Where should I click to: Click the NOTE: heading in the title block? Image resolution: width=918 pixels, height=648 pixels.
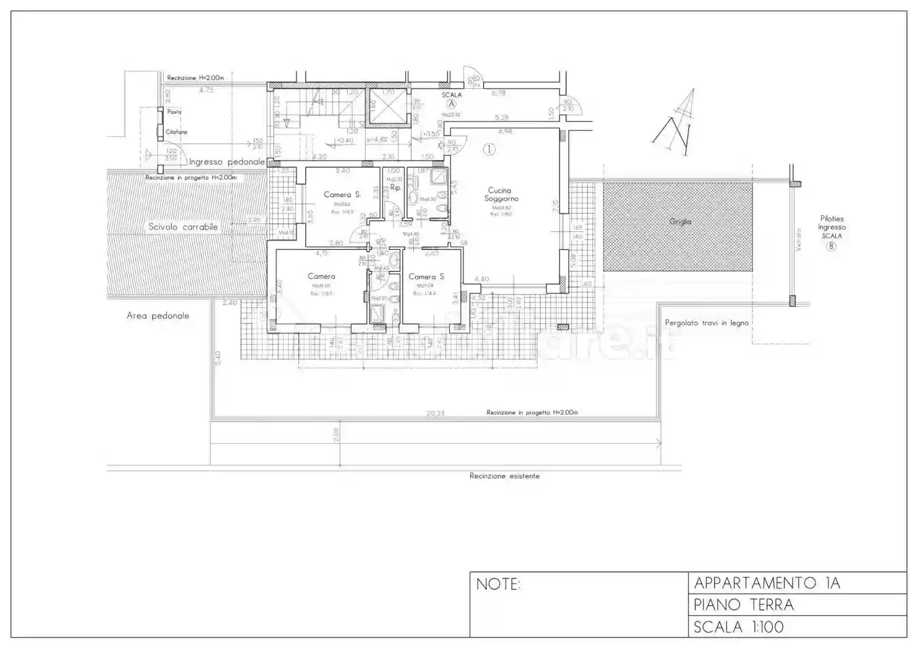498,584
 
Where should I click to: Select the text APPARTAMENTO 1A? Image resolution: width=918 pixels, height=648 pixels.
767,583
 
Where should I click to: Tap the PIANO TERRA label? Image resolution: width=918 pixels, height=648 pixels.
743,605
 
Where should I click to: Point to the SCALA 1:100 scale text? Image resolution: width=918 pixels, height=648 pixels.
738,627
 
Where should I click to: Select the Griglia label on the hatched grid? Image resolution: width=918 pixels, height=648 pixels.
680,222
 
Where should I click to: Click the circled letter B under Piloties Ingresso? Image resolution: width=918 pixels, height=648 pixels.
832,246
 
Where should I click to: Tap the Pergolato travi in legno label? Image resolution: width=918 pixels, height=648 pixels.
706,323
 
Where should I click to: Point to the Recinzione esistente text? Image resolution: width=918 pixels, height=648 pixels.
504,476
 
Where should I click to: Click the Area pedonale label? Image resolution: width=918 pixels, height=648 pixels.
158,315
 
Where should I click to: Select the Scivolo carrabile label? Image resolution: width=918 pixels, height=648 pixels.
183,226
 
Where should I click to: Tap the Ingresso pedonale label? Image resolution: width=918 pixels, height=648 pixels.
227,162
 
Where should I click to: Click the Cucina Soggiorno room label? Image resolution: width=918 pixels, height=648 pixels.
501,194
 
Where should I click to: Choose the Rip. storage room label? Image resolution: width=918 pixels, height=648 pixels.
395,187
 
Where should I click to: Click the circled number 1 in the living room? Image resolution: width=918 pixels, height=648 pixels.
489,149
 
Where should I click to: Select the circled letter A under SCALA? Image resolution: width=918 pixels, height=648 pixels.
452,104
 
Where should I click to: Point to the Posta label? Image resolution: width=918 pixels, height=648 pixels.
174,112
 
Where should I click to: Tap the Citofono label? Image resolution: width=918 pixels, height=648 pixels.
176,132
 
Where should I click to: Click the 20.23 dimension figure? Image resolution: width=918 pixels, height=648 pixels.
435,413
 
